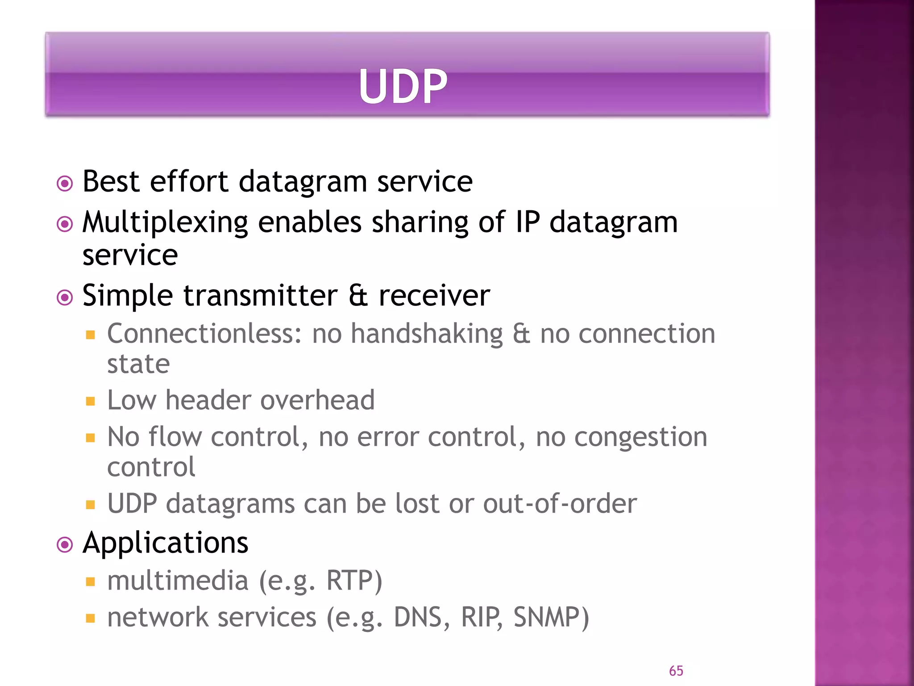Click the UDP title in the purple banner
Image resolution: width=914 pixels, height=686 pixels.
coord(403,86)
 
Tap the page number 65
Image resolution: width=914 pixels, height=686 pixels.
coord(676,670)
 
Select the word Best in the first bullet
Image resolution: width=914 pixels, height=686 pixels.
coord(111,182)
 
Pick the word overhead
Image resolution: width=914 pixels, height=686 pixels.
coord(317,400)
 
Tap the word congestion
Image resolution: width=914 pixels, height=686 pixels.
coord(640,437)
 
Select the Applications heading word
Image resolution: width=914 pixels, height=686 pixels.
coord(165,544)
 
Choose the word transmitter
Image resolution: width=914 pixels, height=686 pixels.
coord(261,296)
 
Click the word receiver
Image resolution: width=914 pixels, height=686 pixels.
coord(434,296)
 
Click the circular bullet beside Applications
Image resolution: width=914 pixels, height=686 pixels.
coord(65,545)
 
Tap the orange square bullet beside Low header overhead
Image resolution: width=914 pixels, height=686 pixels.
coord(91,401)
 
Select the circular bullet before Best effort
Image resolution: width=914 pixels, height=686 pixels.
coord(65,183)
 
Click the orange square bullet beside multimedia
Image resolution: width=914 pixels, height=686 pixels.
coord(91,581)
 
